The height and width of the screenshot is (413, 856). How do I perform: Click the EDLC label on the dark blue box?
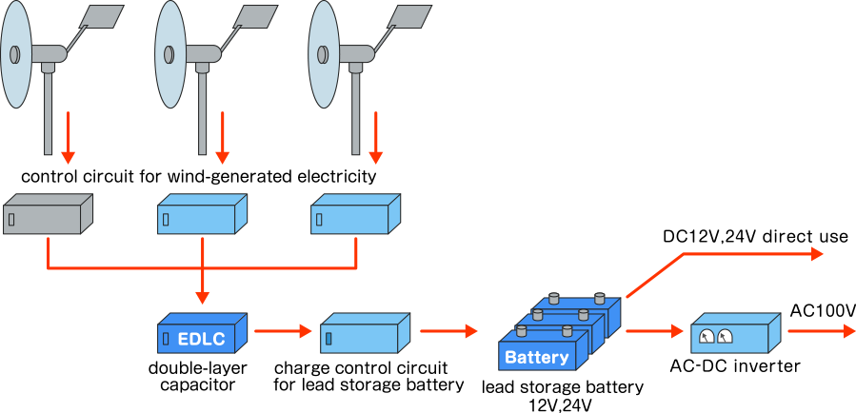tap(201, 340)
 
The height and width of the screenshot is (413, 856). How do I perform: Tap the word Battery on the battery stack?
tap(536, 358)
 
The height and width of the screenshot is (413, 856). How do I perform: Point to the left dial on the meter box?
tap(707, 336)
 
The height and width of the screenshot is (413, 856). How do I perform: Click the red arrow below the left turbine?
tap(68, 138)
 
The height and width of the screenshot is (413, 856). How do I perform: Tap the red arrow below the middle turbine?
tap(222, 138)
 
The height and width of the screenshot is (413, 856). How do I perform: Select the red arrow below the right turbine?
tap(375, 138)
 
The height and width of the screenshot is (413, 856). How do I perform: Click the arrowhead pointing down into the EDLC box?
tap(202, 297)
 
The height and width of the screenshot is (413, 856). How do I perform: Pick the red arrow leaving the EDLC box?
tap(283, 331)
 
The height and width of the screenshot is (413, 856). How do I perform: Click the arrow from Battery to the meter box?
tap(654, 331)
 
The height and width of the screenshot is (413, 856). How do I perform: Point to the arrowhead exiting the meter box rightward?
tap(848, 331)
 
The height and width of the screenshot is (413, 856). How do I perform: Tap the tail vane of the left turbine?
tap(102, 17)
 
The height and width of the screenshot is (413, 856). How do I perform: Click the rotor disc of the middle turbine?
tap(169, 54)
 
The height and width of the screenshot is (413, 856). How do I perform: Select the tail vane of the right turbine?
tap(410, 17)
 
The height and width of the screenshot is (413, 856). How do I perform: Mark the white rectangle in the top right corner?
tap(788, 108)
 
